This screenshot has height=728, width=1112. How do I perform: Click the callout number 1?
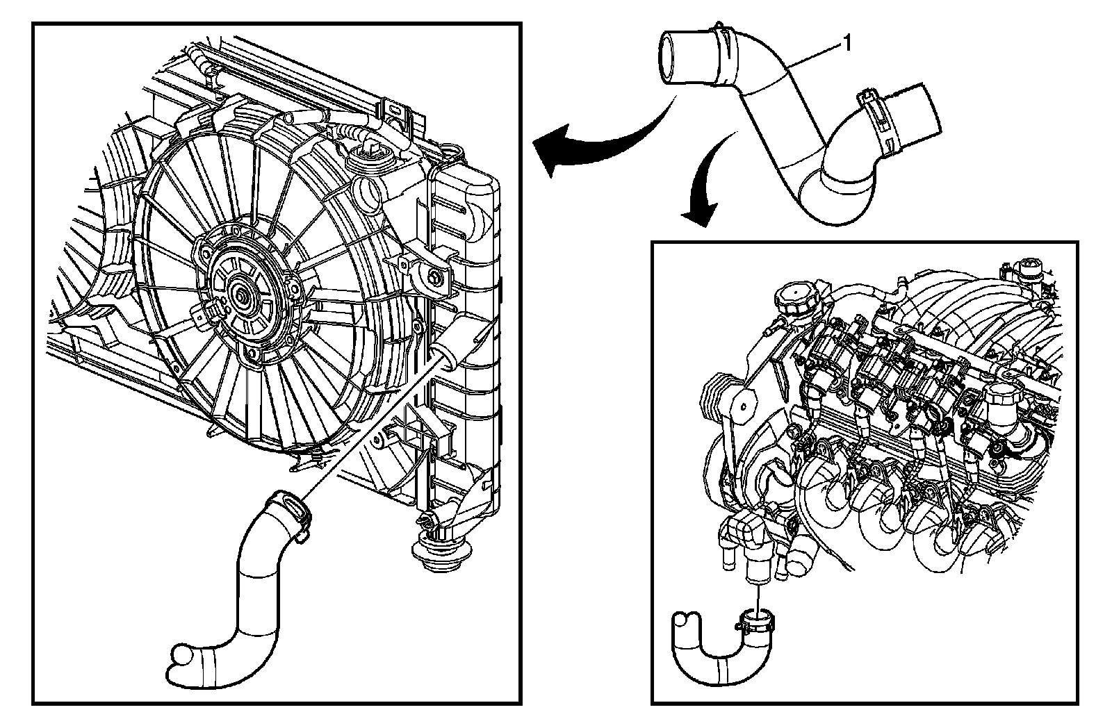(847, 44)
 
